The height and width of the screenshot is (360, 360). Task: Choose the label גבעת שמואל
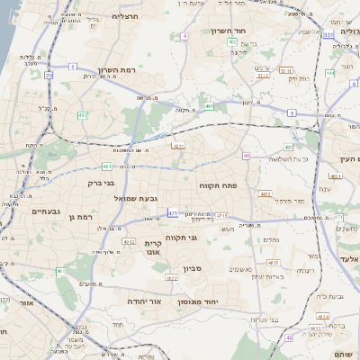(136, 197)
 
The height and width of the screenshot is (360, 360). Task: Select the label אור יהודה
(143, 301)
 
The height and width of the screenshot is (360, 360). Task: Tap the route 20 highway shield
(48, 76)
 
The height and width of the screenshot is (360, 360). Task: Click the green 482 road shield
(83, 115)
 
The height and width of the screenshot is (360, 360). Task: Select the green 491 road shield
(210, 106)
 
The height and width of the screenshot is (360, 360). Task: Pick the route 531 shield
(328, 34)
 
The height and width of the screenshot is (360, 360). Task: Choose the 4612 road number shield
(127, 242)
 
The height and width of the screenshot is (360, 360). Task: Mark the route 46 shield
(290, 337)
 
